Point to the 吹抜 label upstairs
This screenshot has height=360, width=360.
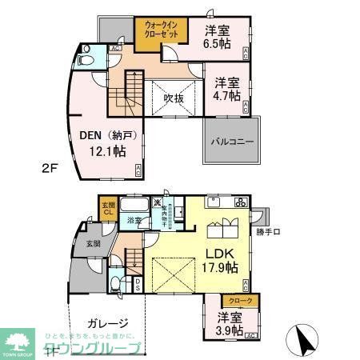pos(174,98)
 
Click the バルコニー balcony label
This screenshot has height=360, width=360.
pos(232,142)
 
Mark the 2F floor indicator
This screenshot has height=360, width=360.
pos(29,170)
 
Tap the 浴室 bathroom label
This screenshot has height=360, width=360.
pos(137,220)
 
